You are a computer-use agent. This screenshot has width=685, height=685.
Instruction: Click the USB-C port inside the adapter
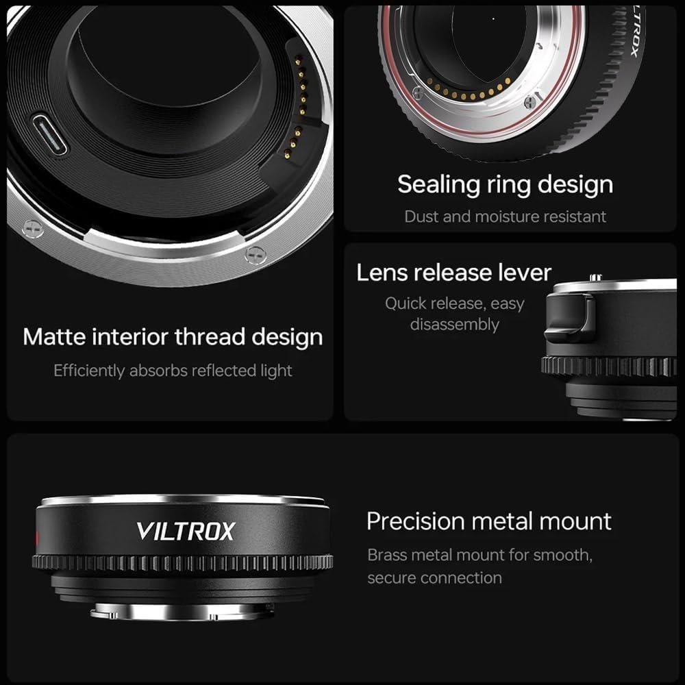pos(49,134)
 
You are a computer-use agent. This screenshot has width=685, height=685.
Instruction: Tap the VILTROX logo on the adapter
pos(185,531)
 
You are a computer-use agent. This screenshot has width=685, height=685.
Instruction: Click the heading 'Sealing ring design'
pos(505,184)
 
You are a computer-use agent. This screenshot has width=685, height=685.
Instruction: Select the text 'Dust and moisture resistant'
pos(505,216)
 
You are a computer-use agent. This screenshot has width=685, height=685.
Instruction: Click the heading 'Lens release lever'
pos(453,273)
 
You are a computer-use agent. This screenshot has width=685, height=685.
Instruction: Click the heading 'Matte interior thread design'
pos(173,337)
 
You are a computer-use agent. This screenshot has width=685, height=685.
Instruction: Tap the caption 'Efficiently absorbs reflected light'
pos(173,371)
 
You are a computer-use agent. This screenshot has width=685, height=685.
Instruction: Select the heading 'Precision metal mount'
pos(489,521)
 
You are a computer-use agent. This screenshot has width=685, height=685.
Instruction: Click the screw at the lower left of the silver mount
pos(32,229)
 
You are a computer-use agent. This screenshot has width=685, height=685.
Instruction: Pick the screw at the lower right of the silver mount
pos(255,254)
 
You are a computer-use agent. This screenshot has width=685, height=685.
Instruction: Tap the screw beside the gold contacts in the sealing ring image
pos(530,102)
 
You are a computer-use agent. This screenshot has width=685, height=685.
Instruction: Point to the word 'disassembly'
pos(454,324)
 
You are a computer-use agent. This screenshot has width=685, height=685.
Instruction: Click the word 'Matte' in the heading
pos(54,337)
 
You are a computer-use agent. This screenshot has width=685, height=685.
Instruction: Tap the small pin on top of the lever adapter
pos(596,277)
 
